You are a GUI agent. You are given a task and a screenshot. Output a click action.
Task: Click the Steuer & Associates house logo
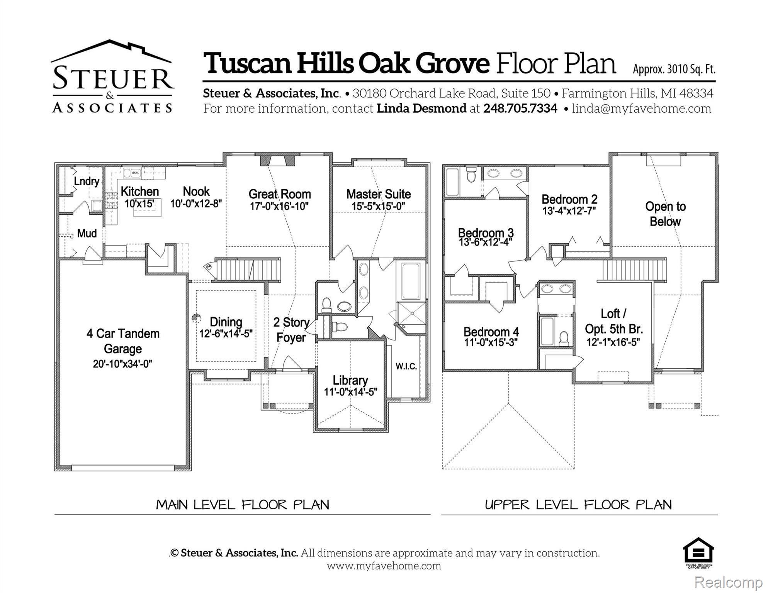(112, 76)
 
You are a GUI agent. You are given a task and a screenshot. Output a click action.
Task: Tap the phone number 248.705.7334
(520, 108)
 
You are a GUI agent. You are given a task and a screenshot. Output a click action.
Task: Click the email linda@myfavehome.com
(641, 108)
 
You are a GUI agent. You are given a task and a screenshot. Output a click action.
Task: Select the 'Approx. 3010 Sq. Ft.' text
(674, 69)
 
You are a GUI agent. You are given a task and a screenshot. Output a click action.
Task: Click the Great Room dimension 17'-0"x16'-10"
(279, 206)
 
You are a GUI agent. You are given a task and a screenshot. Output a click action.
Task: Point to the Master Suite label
(378, 194)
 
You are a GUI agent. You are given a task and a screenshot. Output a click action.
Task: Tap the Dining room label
(226, 322)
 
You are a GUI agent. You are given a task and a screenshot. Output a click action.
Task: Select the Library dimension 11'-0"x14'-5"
(350, 392)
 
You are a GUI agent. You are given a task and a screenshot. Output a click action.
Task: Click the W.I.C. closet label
(406, 366)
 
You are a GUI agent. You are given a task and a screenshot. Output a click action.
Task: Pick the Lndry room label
(87, 181)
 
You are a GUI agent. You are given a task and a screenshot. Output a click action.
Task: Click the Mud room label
(87, 233)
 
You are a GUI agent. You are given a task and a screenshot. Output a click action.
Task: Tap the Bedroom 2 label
(569, 199)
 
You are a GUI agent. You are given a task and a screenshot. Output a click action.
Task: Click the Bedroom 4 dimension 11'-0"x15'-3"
(491, 342)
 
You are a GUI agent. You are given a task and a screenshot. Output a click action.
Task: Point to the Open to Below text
(665, 214)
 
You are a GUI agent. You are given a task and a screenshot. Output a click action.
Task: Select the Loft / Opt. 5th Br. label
(613, 321)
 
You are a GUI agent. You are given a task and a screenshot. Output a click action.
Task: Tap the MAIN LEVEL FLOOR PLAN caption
(243, 505)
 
